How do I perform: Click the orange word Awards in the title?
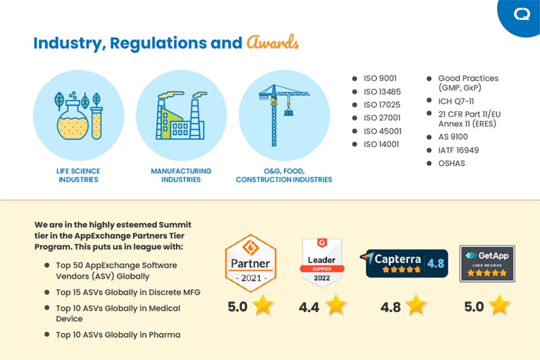click(272, 43)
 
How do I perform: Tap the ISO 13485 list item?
click(382, 92)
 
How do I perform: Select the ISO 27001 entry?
click(382, 118)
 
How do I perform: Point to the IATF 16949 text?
click(458, 150)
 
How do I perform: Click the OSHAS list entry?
click(452, 163)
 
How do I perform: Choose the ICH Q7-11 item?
click(456, 101)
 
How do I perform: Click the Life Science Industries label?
click(79, 175)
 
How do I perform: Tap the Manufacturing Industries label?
click(181, 175)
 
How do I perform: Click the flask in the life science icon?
click(73, 121)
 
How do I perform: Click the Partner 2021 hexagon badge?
click(250, 263)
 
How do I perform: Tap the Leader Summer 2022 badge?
click(322, 263)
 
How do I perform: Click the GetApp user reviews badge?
click(487, 264)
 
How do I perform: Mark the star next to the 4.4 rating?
click(336, 305)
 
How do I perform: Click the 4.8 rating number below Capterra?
click(390, 307)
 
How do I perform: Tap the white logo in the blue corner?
click(521, 14)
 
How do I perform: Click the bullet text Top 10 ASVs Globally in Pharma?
click(118, 335)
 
